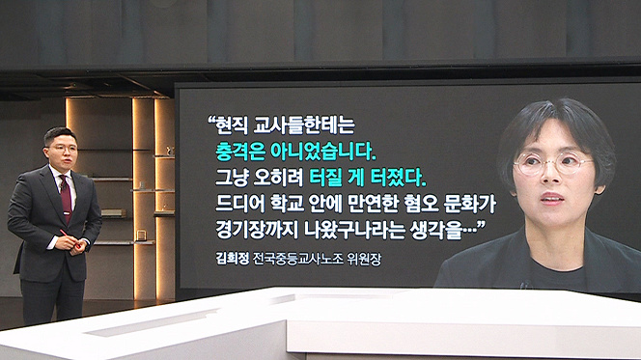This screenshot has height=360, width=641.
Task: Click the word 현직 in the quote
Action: (233, 125)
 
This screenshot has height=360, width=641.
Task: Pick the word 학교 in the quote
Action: (287, 204)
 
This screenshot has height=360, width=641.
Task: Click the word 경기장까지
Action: (257, 230)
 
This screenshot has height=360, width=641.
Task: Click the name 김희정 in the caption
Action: (233, 259)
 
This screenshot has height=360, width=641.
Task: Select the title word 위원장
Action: (364, 259)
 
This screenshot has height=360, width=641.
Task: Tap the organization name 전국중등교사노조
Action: (298, 259)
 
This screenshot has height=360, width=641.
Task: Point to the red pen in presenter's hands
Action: (70, 239)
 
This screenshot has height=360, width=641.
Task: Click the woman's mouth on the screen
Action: (552, 199)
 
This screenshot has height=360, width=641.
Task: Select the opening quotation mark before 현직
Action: (211, 122)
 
